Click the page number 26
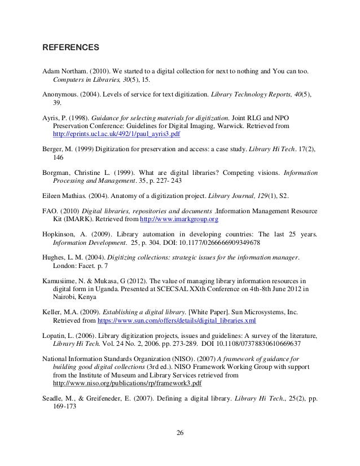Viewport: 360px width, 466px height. click(179, 434)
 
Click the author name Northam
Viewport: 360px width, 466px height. click(78, 73)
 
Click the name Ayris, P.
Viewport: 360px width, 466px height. click(56, 114)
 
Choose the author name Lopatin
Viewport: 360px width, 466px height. click(58, 335)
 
